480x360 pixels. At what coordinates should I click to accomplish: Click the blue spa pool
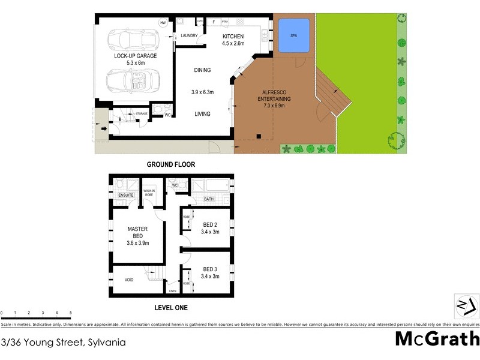[x=294, y=35]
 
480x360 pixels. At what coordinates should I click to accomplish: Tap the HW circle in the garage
[x=163, y=23]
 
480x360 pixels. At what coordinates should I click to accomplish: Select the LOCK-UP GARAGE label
[x=135, y=58]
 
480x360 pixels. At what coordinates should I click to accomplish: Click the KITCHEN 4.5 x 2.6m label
[x=233, y=40]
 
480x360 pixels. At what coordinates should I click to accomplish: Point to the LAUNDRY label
[x=189, y=36]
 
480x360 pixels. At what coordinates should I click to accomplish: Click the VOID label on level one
[x=129, y=280]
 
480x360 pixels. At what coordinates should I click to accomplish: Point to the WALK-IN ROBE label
[x=149, y=193]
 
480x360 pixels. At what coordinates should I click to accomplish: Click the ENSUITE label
[x=125, y=195]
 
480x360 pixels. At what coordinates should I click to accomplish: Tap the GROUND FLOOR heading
[x=171, y=164]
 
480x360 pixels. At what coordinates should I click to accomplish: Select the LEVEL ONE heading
[x=171, y=308]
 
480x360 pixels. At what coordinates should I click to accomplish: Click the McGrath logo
[x=436, y=339]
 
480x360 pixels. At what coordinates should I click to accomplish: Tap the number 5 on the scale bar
[x=70, y=313]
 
